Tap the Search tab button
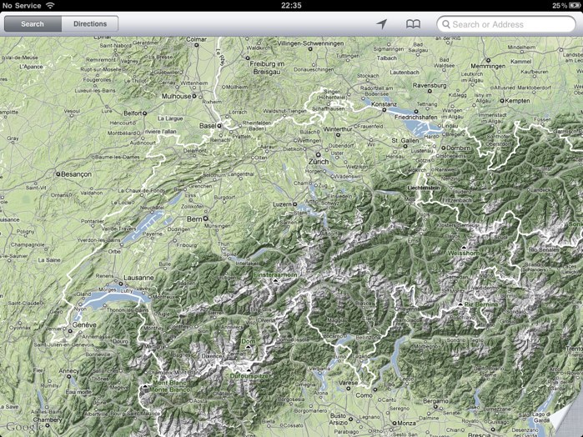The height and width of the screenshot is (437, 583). [x=33, y=24]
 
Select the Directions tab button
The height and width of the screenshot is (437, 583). [x=90, y=24]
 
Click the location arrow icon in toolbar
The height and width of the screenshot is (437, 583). [x=381, y=24]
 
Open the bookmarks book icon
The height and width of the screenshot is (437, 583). [x=413, y=24]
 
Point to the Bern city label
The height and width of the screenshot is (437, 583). [x=194, y=218]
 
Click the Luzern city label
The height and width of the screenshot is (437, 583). [x=284, y=203]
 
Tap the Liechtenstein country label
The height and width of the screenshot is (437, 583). [x=429, y=188]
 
